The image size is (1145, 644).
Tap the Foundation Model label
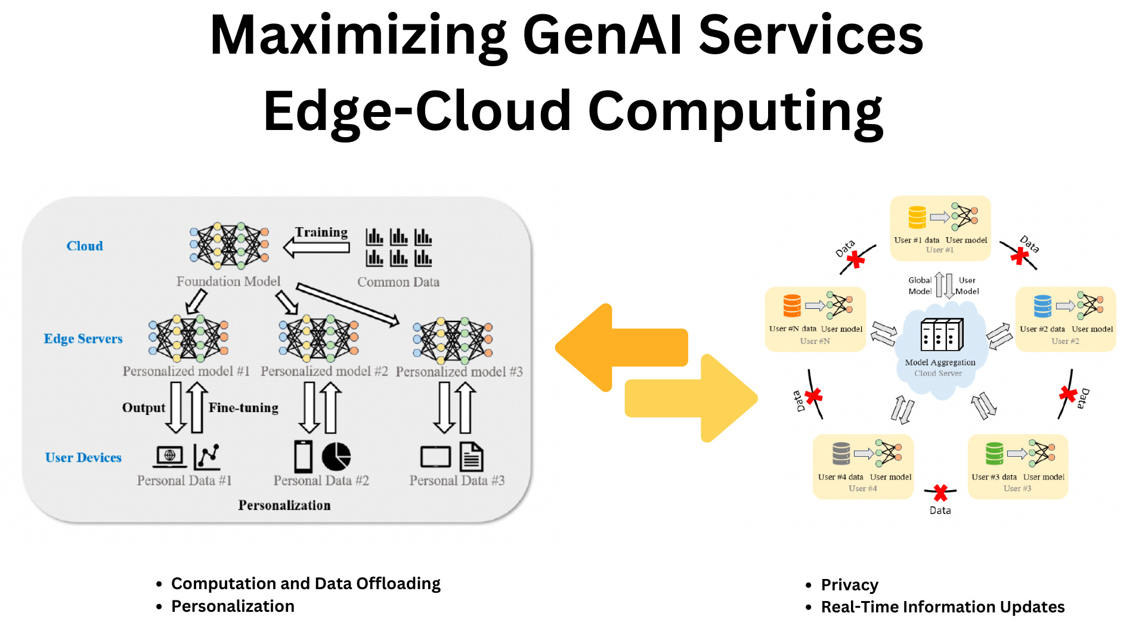(x=228, y=281)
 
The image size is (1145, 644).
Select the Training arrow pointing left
(x=316, y=247)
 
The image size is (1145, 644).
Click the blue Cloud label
(x=85, y=246)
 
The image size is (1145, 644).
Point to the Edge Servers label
(x=83, y=339)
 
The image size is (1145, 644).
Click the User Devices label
(x=83, y=457)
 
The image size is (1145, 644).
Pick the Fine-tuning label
(x=243, y=408)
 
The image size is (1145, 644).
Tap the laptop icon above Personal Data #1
(x=170, y=457)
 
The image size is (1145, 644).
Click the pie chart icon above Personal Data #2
(x=336, y=457)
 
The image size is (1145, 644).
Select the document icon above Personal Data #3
(x=472, y=457)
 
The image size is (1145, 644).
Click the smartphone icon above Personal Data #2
(x=304, y=457)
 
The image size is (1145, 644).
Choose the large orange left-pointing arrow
(x=620, y=348)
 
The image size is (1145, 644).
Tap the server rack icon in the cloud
(x=942, y=335)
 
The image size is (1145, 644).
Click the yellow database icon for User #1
(x=917, y=218)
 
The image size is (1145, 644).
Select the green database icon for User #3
(x=994, y=454)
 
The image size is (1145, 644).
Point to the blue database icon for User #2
(x=1042, y=306)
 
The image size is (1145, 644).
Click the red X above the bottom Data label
(x=940, y=493)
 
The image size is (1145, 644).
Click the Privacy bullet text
(x=849, y=585)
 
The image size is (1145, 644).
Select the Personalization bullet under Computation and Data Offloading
(x=233, y=606)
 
